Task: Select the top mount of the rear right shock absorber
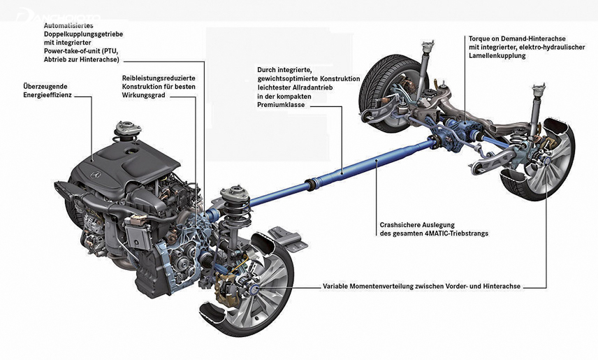(x=539, y=90)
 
